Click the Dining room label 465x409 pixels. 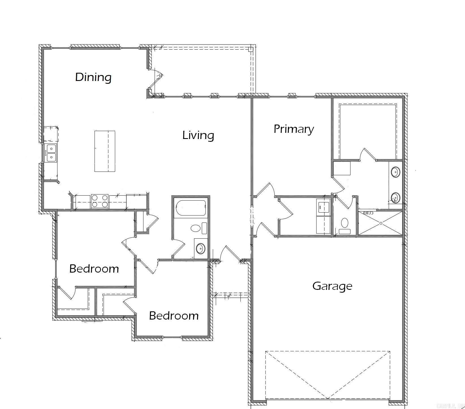[93, 77]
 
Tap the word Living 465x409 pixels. [198, 135]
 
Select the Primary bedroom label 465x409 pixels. [294, 129]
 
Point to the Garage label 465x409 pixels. [332, 286]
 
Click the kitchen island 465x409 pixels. [105, 151]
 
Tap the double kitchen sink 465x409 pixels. [51, 153]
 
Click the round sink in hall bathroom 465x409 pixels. [201, 249]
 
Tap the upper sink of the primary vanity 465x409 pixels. [395, 172]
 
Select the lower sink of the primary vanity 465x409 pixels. [395, 197]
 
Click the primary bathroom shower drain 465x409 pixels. [381, 223]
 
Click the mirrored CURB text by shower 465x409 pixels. [368, 213]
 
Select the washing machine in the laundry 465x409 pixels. [324, 206]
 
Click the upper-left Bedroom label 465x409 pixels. [94, 269]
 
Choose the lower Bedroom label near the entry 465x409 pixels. [174, 316]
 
